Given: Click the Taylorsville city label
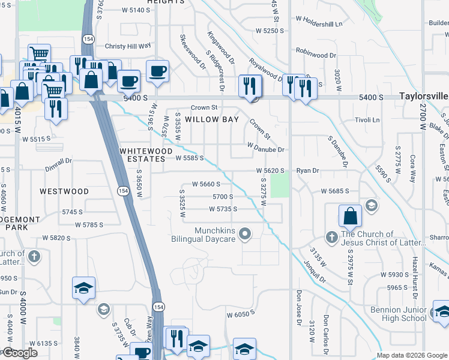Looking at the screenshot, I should pyautogui.click(x=424, y=96).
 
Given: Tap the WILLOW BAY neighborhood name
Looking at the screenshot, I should pyautogui.click(x=212, y=119).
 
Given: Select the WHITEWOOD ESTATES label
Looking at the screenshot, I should pyautogui.click(x=146, y=154).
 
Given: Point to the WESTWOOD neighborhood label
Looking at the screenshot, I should pyautogui.click(x=64, y=191).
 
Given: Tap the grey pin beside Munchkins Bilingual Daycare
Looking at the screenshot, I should pyautogui.click(x=245, y=233).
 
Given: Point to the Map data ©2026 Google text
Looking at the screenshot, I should pyautogui.click(x=412, y=355).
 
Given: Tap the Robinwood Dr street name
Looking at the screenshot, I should pyautogui.click(x=316, y=55).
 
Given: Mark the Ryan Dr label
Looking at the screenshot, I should pyautogui.click(x=307, y=171).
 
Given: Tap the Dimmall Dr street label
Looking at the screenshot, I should pyautogui.click(x=58, y=160).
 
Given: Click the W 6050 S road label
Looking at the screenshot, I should pyautogui.click(x=241, y=314).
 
